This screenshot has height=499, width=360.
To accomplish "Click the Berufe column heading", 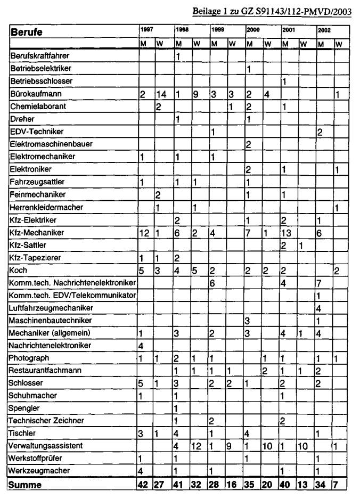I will click(x=27, y=32).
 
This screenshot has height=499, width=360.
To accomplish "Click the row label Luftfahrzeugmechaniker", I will click(x=52, y=308).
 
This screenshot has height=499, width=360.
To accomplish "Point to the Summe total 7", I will click(x=337, y=485).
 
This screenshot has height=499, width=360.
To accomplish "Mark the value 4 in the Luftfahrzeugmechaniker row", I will click(x=318, y=308).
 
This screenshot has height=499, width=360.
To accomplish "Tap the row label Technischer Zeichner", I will click(x=45, y=421).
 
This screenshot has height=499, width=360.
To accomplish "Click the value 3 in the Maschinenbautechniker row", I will click(x=247, y=321).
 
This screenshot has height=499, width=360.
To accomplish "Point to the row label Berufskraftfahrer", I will click(x=40, y=55).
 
